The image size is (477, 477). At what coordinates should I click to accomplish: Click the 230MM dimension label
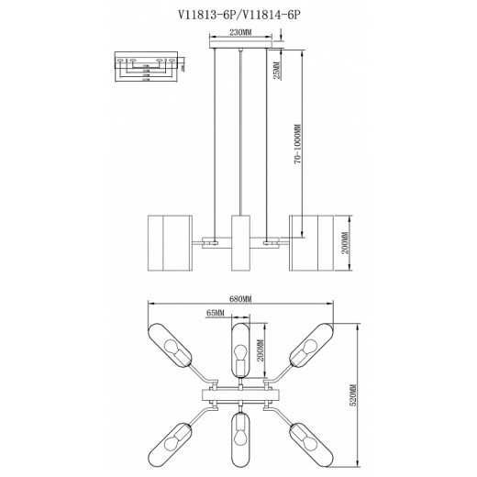point(240,32)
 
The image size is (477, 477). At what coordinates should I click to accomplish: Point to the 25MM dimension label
point(274,68)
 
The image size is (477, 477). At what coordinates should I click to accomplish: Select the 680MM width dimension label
point(240,298)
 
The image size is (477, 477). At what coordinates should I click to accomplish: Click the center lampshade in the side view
point(240,244)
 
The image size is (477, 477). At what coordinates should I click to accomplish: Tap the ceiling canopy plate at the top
point(240,42)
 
